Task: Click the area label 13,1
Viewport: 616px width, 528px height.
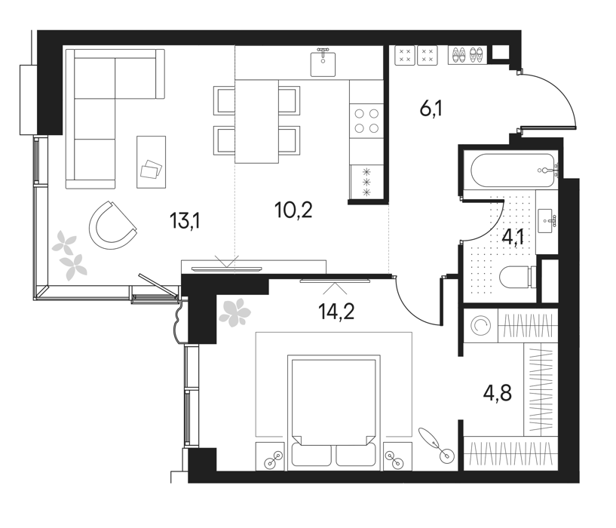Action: coord(185,220)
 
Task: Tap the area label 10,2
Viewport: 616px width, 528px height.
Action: coord(293,210)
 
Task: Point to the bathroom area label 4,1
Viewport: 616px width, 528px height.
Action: coord(513,238)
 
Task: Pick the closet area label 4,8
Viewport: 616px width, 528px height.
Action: coord(498,393)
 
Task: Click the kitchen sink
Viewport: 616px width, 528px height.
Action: coord(323,63)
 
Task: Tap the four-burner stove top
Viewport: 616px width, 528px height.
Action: coord(366,121)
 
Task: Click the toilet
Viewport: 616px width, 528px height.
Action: coord(518,277)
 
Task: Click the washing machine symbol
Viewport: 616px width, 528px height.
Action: coord(480,325)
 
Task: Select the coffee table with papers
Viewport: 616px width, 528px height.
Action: coord(152,162)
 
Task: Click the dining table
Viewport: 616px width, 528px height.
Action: coord(256,121)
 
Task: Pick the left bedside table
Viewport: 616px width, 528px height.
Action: coord(269,456)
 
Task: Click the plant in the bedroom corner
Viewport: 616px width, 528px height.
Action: coord(234,313)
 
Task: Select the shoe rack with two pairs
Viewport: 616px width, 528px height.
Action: coord(467,55)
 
